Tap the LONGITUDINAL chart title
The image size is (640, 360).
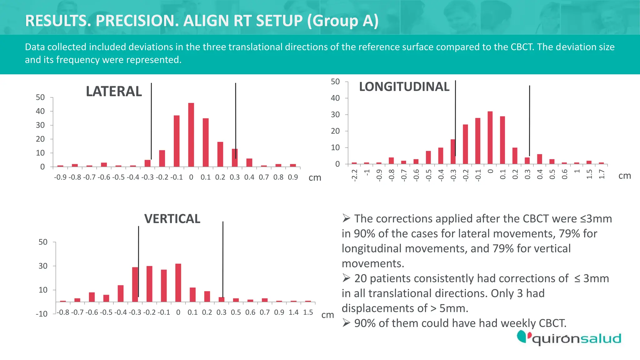click(404, 87)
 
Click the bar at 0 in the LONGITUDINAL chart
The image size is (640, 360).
click(490, 138)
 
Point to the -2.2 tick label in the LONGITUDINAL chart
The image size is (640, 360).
click(354, 175)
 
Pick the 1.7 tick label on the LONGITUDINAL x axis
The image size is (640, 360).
click(602, 174)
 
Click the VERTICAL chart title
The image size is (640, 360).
click(172, 219)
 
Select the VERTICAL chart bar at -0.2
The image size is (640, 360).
click(149, 284)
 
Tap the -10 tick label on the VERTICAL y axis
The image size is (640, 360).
click(42, 314)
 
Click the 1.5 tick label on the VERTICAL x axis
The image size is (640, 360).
click(308, 312)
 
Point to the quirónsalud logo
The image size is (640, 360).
click(569, 338)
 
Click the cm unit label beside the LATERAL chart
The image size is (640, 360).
click(315, 178)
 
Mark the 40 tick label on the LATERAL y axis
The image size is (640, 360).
click(40, 111)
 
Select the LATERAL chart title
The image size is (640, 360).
click(114, 92)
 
